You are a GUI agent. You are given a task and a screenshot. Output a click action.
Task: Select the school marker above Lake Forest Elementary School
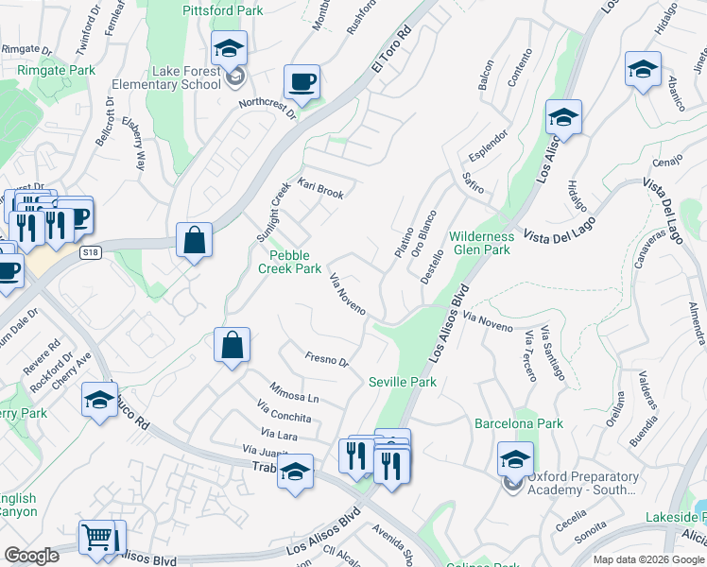click(x=228, y=47)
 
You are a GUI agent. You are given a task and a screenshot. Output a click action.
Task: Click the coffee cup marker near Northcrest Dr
click(x=302, y=82)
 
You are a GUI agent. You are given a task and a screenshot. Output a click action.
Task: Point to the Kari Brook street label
click(x=321, y=188)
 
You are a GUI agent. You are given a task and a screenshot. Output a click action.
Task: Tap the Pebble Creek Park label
click(x=290, y=262)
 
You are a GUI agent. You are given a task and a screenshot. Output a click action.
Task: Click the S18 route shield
click(x=91, y=252)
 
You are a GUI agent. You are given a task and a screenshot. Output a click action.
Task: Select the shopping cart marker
click(x=97, y=538)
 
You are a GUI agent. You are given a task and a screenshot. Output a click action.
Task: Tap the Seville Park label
click(x=402, y=382)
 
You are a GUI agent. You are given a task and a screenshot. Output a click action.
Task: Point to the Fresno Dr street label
click(x=327, y=359)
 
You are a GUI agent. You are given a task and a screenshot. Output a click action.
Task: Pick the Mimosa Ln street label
click(x=294, y=392)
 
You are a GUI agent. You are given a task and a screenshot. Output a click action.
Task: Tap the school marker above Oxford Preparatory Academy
click(x=515, y=459)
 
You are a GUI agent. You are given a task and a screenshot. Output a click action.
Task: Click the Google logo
click(x=32, y=556)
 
